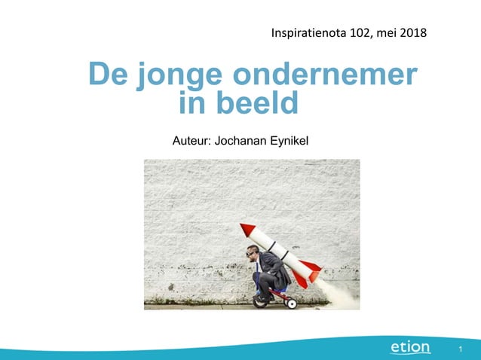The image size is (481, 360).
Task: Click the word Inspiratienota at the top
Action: click(305, 33)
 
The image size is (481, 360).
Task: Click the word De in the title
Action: click(108, 75)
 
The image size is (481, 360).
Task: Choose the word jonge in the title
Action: click(179, 76)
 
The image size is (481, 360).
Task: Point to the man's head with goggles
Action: click(253, 253)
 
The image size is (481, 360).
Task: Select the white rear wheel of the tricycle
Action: click(292, 303)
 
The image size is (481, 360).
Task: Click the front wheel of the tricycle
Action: click(261, 301)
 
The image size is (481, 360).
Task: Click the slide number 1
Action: click(459, 349)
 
